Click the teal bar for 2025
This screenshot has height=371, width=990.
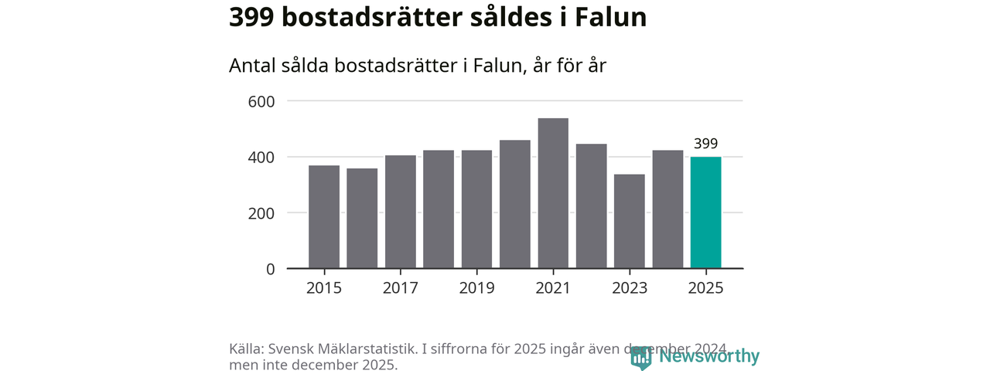tap(705, 213)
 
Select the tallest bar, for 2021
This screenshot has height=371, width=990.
tap(553, 193)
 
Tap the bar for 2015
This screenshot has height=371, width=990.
tap(323, 217)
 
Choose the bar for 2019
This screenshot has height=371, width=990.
tap(476, 209)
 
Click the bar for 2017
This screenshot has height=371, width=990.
tap(400, 212)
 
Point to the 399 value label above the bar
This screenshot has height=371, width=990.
tap(705, 143)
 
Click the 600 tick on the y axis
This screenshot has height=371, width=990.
tap(261, 101)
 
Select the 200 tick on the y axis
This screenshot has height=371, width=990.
tap(261, 213)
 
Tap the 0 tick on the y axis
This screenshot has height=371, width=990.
tap(270, 269)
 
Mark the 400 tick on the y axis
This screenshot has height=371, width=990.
tap(261, 158)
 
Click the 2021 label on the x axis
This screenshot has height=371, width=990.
tap(553, 288)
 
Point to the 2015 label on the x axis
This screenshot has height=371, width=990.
tap(323, 288)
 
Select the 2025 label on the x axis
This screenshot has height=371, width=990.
tap(705, 288)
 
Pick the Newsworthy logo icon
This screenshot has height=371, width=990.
tap(641, 357)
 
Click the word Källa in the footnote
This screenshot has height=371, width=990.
tap(246, 349)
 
